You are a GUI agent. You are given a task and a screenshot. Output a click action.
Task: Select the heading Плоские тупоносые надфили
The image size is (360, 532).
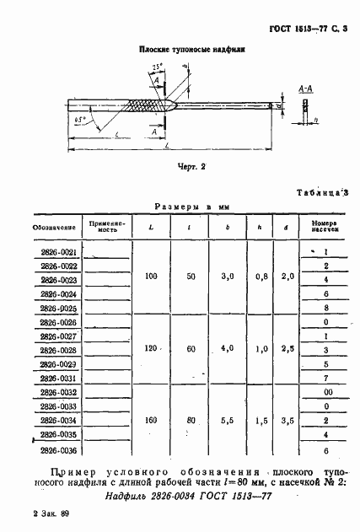pos(179,51)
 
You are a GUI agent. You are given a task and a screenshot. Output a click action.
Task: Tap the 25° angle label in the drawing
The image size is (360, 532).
pos(158,65)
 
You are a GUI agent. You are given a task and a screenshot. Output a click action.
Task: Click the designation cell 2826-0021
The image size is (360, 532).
pos(58,252)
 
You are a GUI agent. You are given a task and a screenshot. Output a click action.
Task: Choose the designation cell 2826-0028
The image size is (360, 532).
pos(58,350)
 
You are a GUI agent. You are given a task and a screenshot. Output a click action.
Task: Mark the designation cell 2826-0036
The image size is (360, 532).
pos(58,449)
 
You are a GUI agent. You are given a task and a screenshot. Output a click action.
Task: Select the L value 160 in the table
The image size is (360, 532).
pos(151,420)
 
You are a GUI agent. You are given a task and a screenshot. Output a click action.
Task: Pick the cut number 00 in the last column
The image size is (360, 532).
pos(325,392)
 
